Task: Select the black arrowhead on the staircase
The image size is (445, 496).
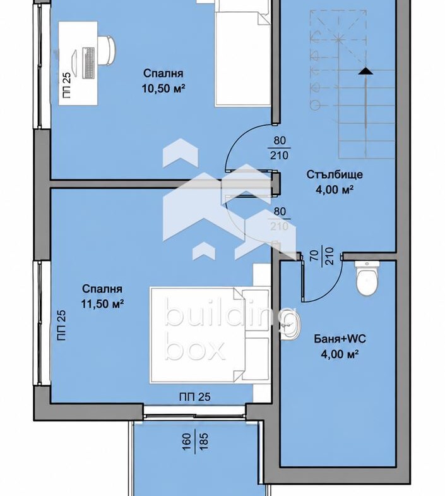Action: tap(365, 71)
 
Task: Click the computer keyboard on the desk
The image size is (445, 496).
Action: tap(88, 63)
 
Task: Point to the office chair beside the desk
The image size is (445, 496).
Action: tap(107, 51)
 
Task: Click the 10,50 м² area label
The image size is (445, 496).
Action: tap(163, 88)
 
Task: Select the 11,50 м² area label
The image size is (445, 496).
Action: tap(102, 304)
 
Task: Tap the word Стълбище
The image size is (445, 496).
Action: tap(335, 174)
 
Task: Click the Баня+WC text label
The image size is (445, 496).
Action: tap(340, 339)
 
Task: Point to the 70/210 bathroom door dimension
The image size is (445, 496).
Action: tap(322, 257)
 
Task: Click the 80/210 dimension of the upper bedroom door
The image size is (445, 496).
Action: tap(280, 148)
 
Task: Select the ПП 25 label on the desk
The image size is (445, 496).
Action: tap(67, 85)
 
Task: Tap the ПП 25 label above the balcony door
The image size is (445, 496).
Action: tap(194, 397)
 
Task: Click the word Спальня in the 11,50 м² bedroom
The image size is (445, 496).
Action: tap(102, 289)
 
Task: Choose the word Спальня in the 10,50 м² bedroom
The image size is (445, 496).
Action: tap(163, 73)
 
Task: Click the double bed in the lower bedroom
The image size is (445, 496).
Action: tap(210, 336)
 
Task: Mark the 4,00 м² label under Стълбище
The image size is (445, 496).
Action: tap(335, 190)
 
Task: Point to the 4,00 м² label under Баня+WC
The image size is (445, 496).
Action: tap(340, 354)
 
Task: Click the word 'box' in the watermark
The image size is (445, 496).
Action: tap(195, 349)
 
